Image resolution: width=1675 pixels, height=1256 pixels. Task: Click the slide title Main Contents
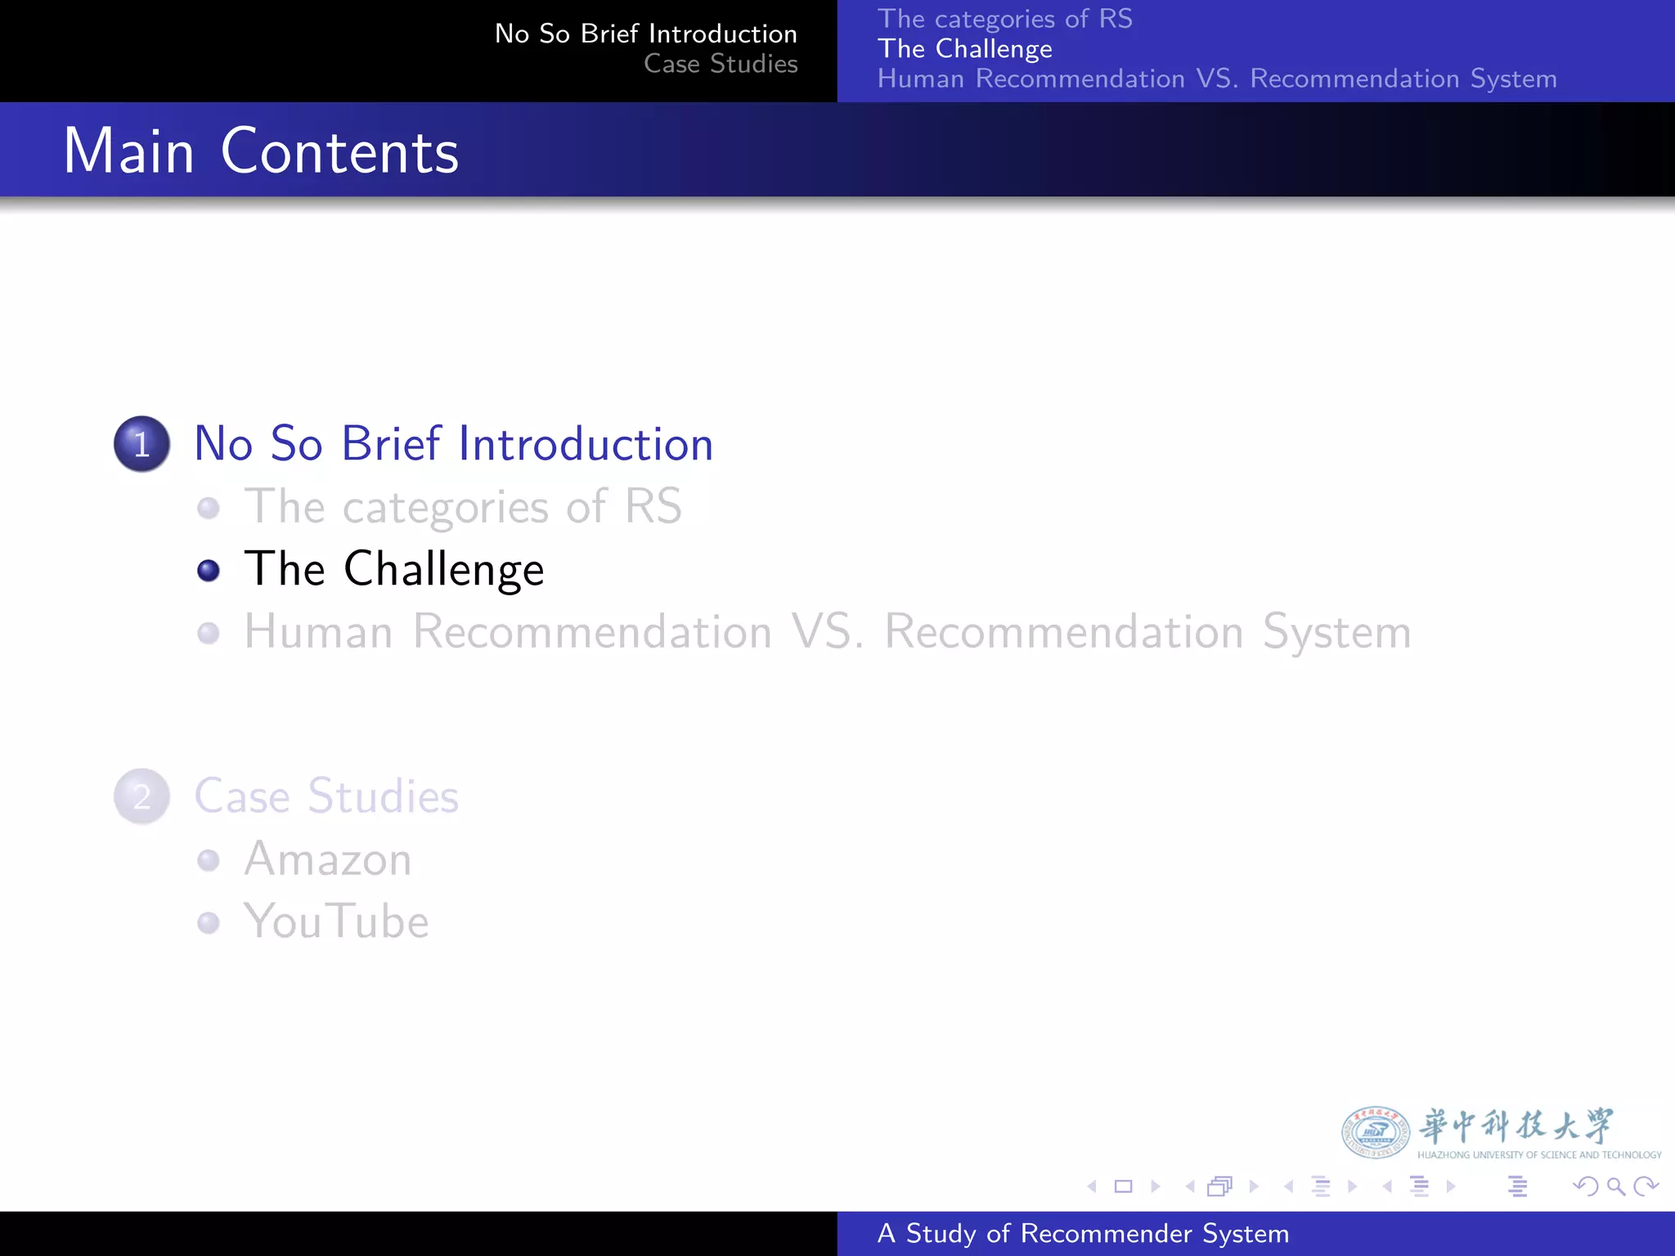coord(261,151)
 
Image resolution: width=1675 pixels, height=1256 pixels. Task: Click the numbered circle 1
coord(141,444)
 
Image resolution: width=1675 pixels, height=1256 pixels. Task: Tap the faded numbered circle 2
coord(141,796)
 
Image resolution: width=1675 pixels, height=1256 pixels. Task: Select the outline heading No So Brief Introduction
coord(453,444)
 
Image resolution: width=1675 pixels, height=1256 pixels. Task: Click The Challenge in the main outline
coord(394,569)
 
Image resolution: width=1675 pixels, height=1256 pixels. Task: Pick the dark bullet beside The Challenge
coord(209,570)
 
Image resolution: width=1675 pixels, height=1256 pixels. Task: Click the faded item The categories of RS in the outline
coord(463,507)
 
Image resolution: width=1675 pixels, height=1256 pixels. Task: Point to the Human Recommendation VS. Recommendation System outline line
coord(828,632)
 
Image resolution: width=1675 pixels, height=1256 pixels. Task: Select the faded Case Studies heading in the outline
coord(326,796)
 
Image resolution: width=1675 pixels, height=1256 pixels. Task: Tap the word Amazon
coord(327,859)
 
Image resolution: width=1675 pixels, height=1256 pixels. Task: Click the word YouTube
coord(336,922)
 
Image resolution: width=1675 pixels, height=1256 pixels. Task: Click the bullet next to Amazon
coord(209,860)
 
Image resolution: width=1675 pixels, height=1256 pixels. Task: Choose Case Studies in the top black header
coord(721,64)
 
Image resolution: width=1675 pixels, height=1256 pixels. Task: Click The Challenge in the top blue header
coord(964,49)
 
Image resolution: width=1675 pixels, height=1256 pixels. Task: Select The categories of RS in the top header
coord(1004,19)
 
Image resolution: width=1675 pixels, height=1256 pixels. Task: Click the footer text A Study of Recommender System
coord(1083,1233)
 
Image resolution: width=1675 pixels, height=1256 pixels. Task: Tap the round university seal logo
coord(1375,1133)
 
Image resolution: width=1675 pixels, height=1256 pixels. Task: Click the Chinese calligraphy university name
coord(1516,1126)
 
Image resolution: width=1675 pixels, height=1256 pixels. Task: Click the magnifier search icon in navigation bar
coord(1615,1186)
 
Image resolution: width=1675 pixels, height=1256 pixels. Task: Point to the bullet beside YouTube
coord(209,922)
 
